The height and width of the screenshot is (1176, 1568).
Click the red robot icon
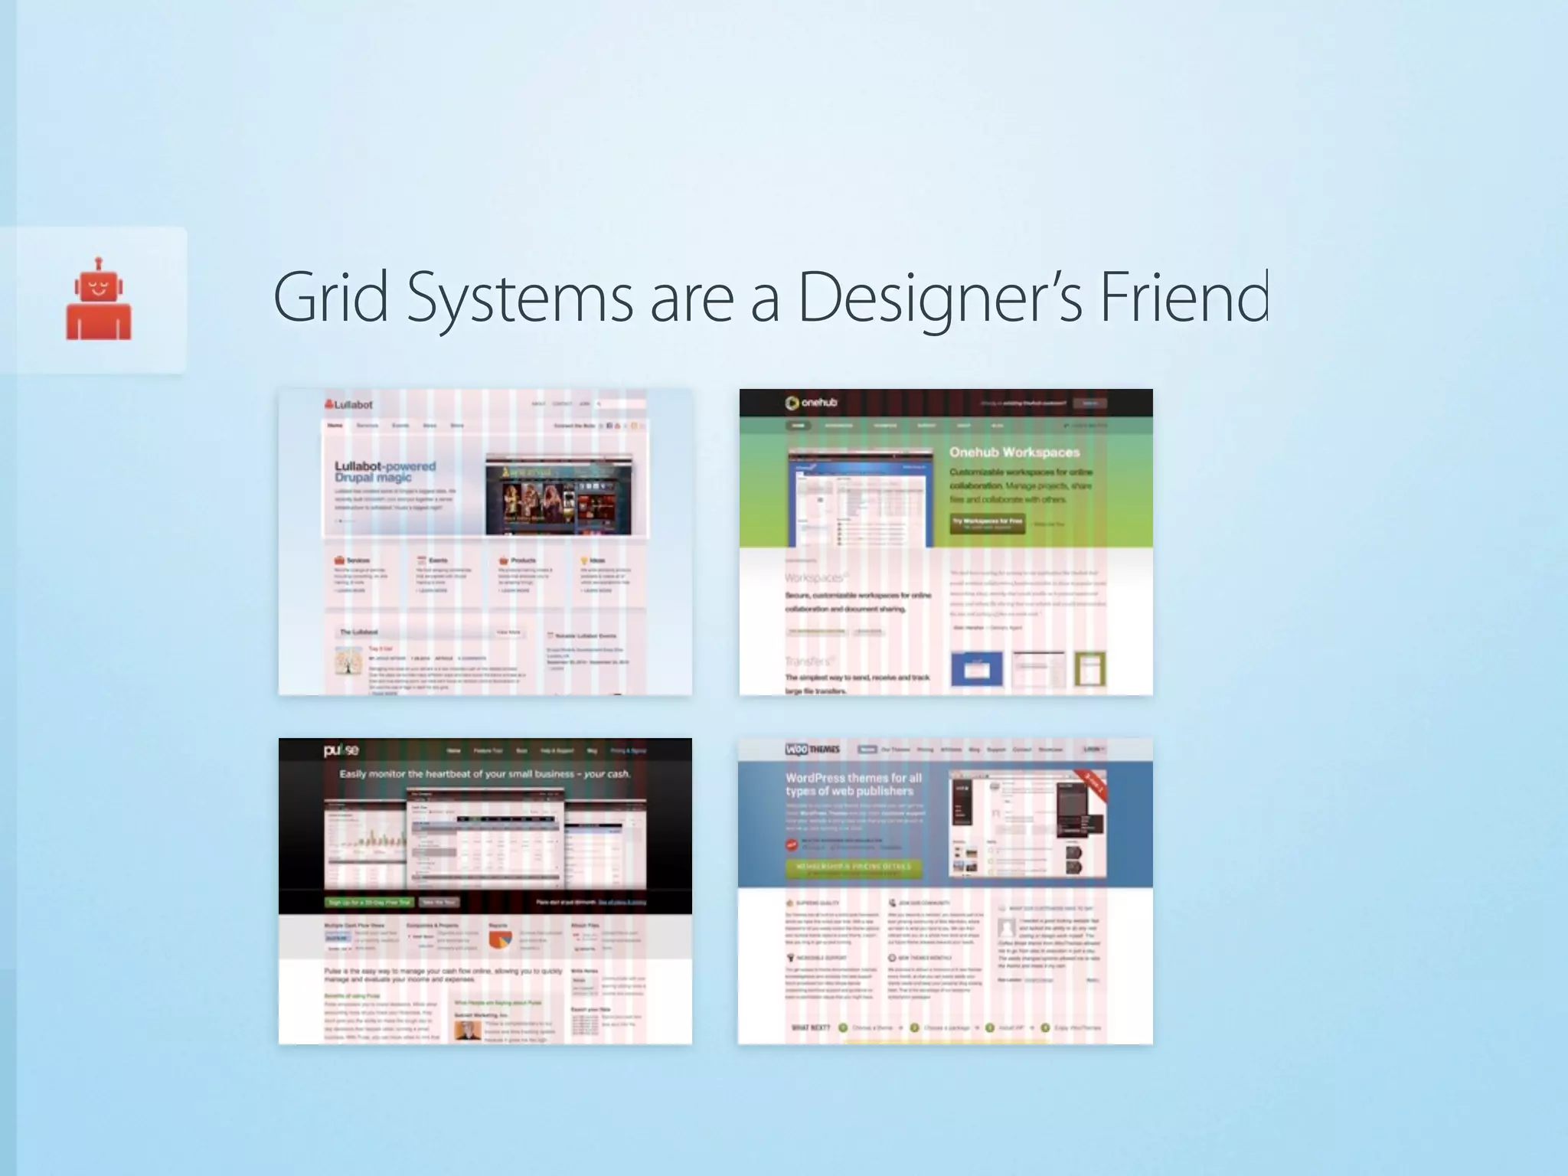(99, 299)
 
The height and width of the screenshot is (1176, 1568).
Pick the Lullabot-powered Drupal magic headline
(385, 472)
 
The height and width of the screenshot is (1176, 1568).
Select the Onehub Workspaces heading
(1014, 452)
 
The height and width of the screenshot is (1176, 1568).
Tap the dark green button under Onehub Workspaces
(988, 523)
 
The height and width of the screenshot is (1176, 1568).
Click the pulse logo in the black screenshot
(341, 750)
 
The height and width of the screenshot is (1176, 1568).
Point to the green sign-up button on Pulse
(369, 902)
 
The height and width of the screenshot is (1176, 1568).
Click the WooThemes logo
(812, 750)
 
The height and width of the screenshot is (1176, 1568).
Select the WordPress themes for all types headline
(853, 784)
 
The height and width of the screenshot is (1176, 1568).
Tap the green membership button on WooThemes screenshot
(853, 867)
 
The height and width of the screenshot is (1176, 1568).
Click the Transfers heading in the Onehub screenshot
(808, 661)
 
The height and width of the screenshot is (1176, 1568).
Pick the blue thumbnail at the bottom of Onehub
(976, 669)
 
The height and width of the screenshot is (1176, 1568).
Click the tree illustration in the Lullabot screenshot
(348, 662)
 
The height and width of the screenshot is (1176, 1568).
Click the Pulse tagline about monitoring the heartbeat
(485, 774)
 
